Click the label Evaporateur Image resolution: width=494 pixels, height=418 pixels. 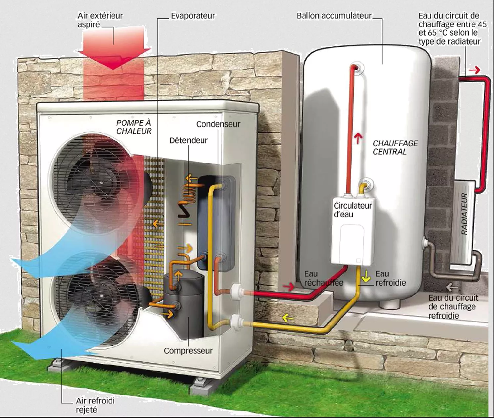tap(193, 16)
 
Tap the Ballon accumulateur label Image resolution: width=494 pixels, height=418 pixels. tap(334, 16)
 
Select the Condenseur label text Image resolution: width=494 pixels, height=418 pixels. tap(218, 124)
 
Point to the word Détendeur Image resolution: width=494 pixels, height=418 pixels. tap(188, 140)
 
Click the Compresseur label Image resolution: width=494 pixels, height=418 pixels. tap(188, 351)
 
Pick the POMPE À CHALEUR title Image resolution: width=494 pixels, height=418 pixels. tap(134, 127)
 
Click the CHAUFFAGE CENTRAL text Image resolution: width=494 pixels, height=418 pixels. tap(395, 148)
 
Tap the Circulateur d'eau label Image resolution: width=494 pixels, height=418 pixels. tap(352, 210)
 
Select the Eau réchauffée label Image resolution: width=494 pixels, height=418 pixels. tap(324, 278)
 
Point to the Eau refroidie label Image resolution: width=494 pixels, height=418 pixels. tap(390, 278)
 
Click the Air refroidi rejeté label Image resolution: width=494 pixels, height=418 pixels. tap(95, 405)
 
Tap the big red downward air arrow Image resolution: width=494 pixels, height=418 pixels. tap(114, 50)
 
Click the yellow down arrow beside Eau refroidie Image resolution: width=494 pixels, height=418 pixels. tap(366, 277)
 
